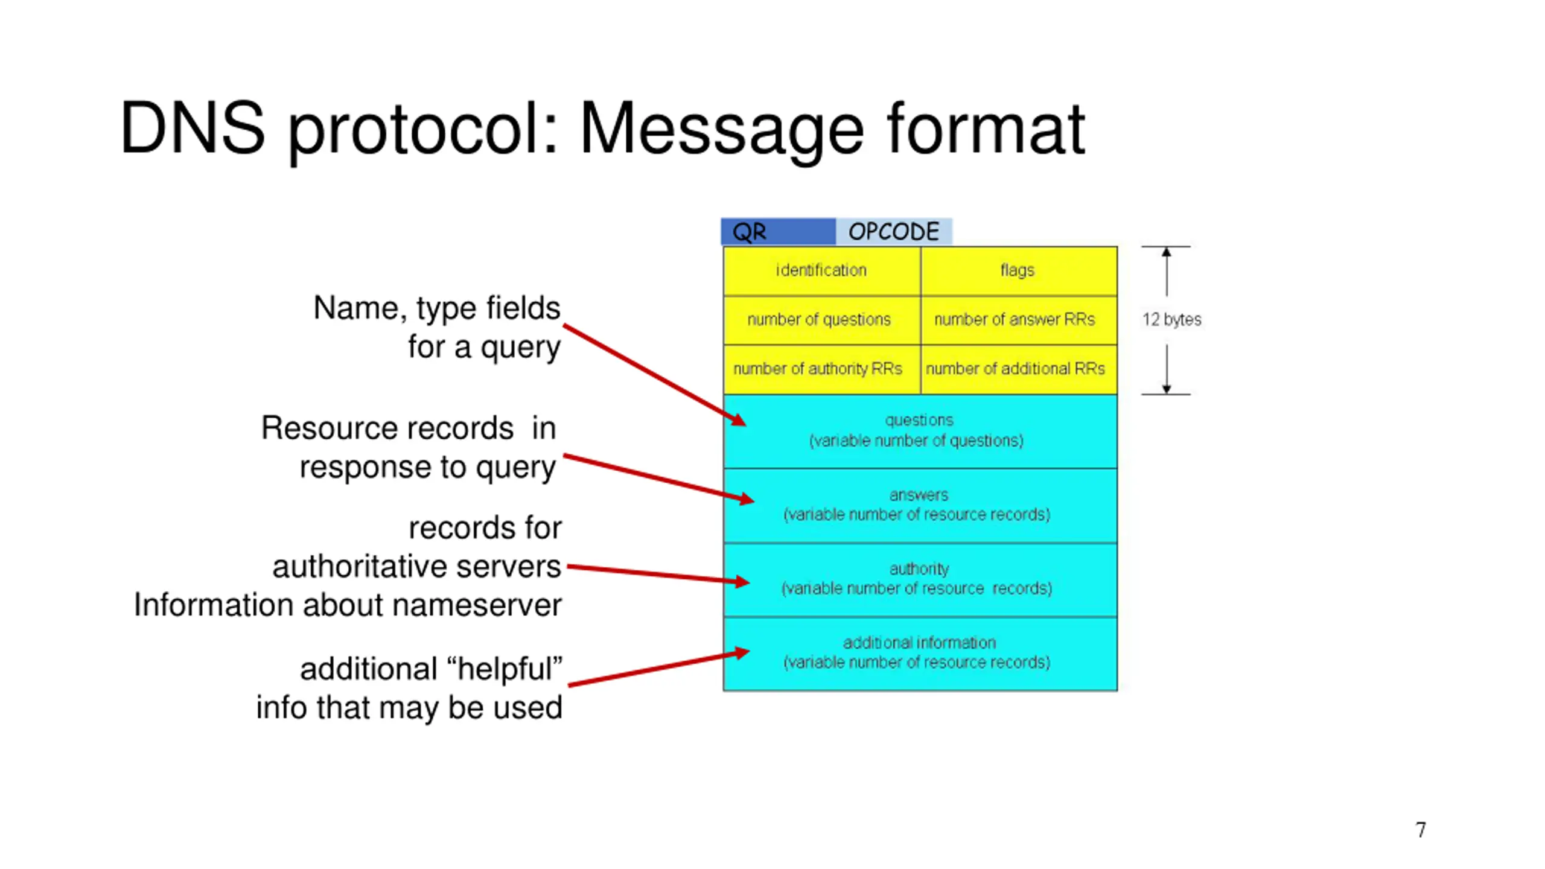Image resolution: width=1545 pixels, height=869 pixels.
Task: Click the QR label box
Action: pyautogui.click(x=777, y=232)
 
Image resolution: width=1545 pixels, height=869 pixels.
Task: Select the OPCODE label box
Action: pyautogui.click(x=893, y=232)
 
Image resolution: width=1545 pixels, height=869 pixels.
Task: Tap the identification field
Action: pyautogui.click(x=821, y=270)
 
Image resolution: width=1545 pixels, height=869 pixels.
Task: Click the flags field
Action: pyautogui.click(x=1018, y=270)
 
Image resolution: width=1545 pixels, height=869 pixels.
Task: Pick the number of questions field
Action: pyautogui.click(x=821, y=320)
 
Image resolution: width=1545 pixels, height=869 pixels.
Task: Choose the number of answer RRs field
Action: pyautogui.click(x=1018, y=320)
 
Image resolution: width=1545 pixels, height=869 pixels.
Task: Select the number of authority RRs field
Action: pyautogui.click(x=821, y=369)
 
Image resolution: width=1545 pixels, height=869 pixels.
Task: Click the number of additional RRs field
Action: pyautogui.click(x=1018, y=369)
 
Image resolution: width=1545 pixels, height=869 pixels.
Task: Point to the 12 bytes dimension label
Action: pyautogui.click(x=1171, y=320)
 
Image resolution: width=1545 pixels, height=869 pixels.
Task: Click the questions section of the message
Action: pyautogui.click(x=919, y=431)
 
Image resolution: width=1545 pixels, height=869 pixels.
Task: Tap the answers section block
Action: pyautogui.click(x=919, y=505)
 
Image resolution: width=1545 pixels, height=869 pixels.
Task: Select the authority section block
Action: pyautogui.click(x=919, y=579)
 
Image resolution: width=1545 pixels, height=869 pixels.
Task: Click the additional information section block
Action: pyautogui.click(x=919, y=653)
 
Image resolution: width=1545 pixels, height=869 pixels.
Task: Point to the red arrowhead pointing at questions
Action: pyautogui.click(x=738, y=419)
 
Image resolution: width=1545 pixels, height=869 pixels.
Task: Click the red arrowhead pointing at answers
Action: pyautogui.click(x=746, y=498)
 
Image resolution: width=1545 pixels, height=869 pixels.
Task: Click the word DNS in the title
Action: pyautogui.click(x=192, y=129)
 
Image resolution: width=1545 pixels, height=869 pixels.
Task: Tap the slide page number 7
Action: pyautogui.click(x=1421, y=830)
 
